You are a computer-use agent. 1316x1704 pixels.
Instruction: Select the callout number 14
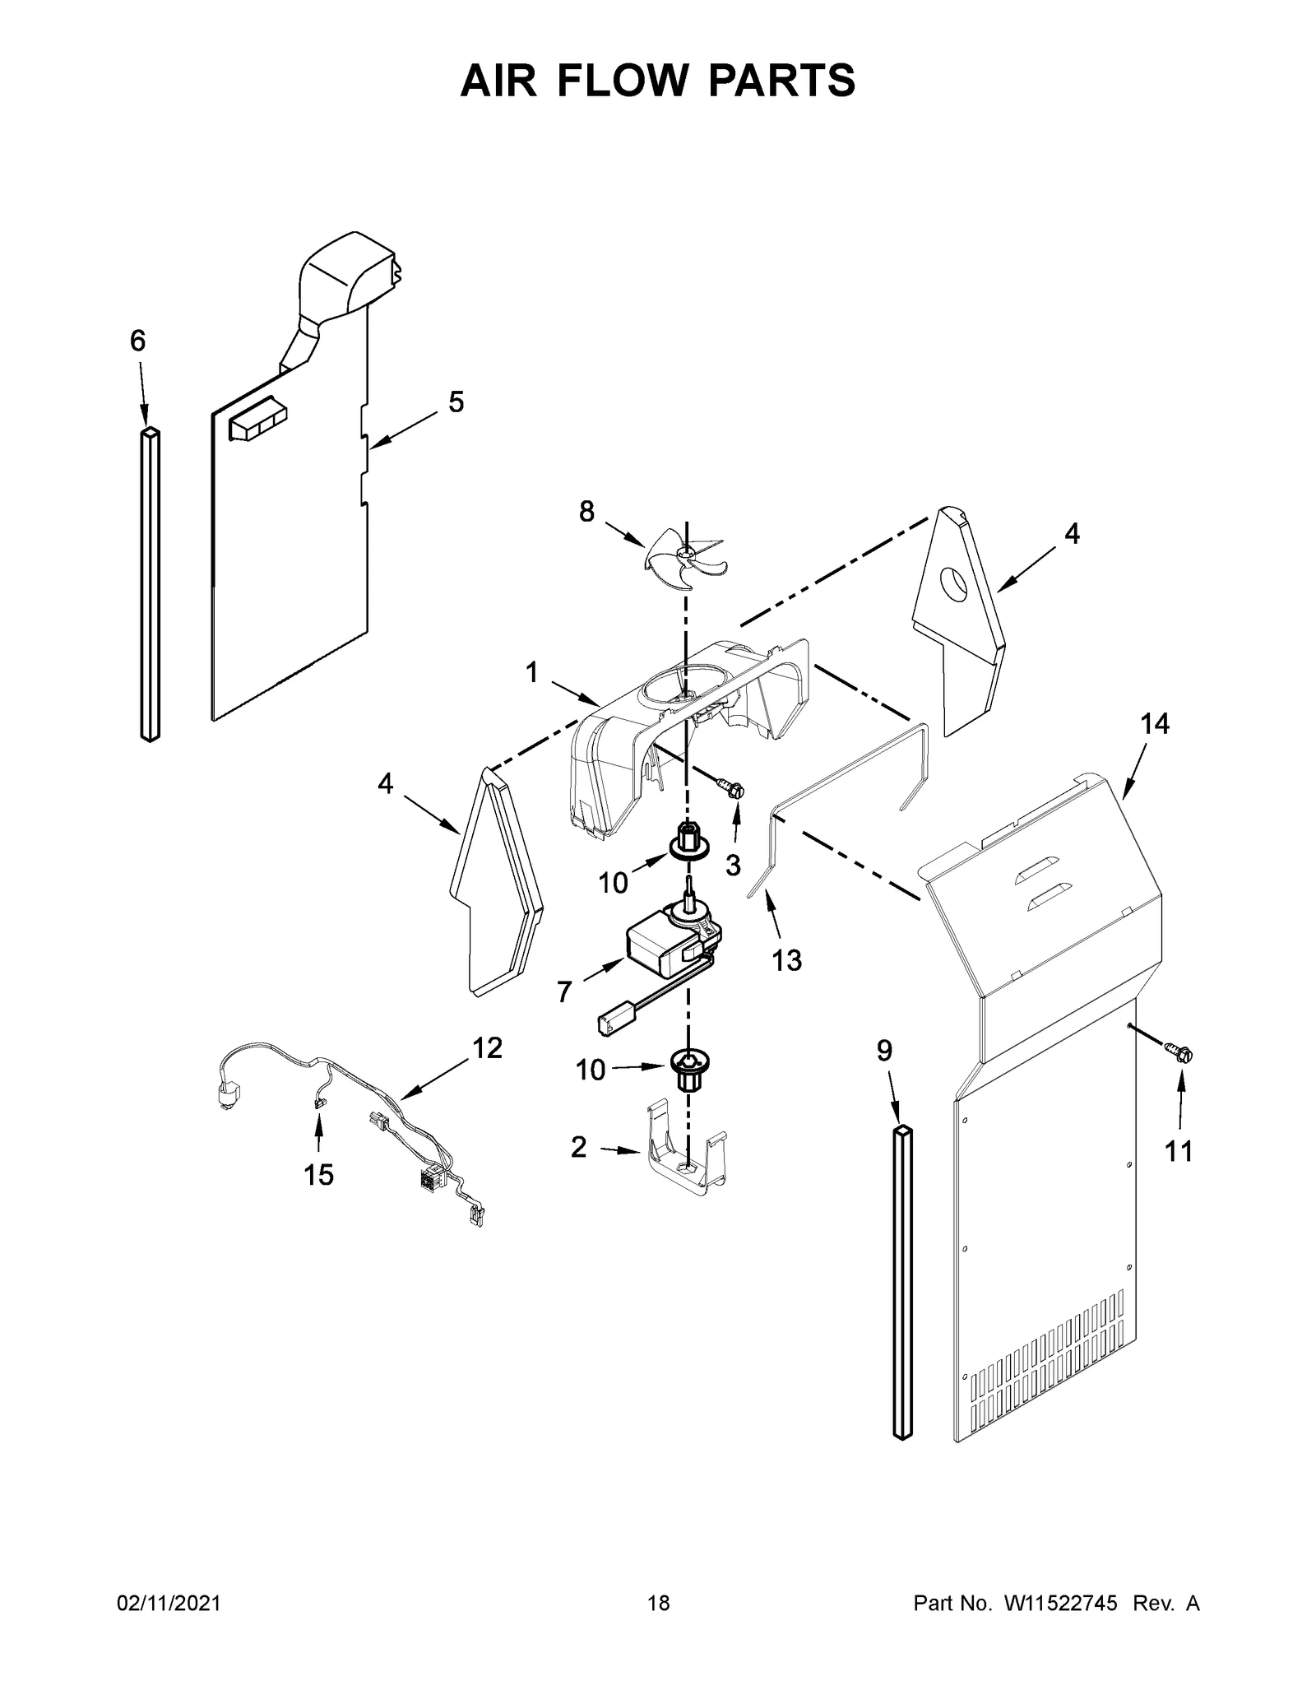(1154, 724)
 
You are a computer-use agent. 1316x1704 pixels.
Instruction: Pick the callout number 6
(137, 340)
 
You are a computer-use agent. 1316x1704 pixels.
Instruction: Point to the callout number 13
(786, 959)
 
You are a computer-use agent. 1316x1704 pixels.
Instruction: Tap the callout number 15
(318, 1175)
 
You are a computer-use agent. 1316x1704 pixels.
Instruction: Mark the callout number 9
(884, 1051)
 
